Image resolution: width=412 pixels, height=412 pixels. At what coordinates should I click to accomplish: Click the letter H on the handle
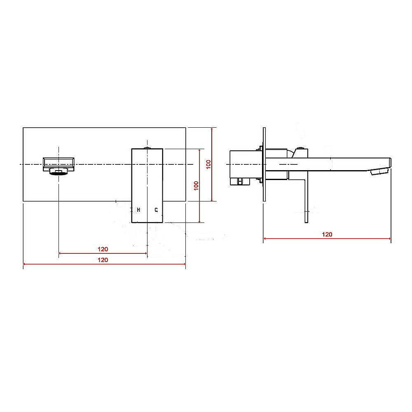pos(139,210)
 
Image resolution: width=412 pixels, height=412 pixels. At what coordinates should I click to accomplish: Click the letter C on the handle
pos(156,210)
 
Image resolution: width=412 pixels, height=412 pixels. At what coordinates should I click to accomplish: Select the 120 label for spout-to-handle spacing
pos(103,249)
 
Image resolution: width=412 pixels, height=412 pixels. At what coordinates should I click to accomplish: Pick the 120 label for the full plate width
pos(103,260)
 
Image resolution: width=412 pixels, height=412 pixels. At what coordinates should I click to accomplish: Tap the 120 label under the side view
pos(327,234)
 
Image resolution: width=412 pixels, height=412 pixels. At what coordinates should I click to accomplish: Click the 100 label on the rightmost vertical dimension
pos(208,164)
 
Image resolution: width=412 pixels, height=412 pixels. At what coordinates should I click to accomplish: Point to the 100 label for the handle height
pos(197,185)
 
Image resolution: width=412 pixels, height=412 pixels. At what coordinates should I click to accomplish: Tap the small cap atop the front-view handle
pos(147,147)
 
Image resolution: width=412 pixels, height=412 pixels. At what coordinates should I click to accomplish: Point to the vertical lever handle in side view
pos(306,198)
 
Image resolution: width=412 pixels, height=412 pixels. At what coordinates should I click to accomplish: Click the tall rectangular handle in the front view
pos(147,185)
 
